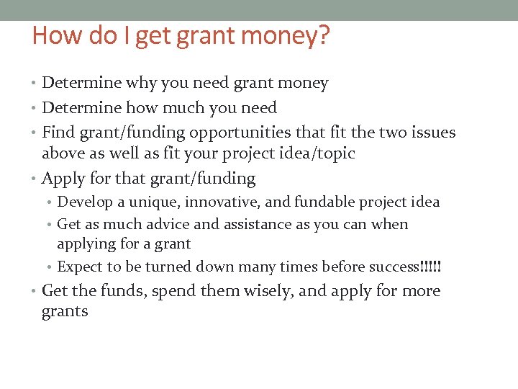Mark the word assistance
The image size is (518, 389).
click(x=256, y=224)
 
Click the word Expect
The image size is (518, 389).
click(x=79, y=267)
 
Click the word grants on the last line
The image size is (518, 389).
click(x=65, y=312)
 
